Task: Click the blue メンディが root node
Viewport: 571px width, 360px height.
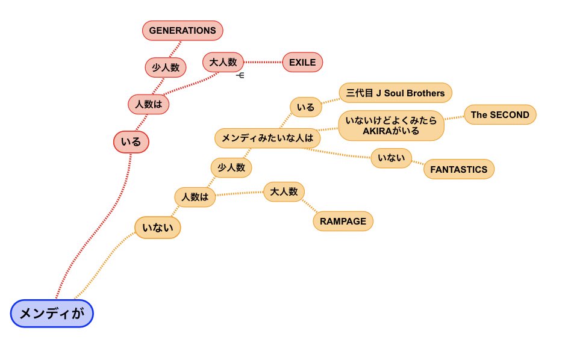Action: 52,314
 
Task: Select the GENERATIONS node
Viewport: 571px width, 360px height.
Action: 183,30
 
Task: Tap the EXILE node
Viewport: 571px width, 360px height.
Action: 302,62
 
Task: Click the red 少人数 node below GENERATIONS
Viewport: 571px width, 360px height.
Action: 166,67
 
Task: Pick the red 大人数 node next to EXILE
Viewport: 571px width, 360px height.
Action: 223,62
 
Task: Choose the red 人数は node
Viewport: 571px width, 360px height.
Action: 149,104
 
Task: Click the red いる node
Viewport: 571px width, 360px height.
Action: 131,142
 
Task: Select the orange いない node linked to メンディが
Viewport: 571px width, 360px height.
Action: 158,228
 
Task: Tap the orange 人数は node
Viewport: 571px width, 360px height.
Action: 195,197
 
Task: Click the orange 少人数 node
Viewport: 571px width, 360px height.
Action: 231,167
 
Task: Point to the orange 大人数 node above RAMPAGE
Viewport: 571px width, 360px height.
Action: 284,191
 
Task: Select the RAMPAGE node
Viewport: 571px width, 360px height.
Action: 343,221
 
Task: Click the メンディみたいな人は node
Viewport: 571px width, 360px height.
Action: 267,138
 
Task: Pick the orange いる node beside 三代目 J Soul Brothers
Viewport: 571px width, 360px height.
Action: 306,107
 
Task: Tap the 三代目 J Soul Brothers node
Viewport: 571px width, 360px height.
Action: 395,93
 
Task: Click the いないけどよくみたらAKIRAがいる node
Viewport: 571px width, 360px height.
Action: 391,125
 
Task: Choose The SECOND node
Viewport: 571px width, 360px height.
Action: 500,114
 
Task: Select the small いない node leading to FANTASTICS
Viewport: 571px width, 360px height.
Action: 391,158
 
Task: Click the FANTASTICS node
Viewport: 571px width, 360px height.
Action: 458,169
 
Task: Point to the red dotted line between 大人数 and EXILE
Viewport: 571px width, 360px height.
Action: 263,62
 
